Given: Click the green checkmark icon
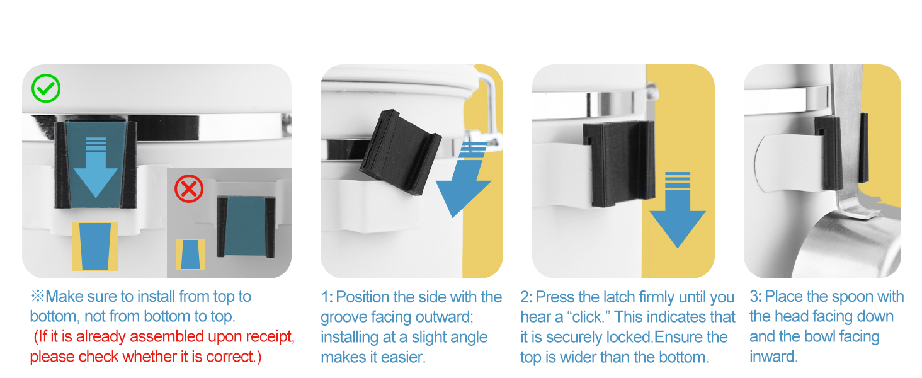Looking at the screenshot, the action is pyautogui.click(x=46, y=88).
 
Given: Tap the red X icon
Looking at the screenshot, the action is pyautogui.click(x=189, y=188).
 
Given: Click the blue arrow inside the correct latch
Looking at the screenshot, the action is pyautogui.click(x=96, y=167).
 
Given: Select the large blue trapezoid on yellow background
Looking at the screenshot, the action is pyautogui.click(x=96, y=247).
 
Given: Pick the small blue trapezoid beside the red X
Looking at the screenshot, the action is pyautogui.click(x=190, y=255).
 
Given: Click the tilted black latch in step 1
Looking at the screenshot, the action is pyautogui.click(x=400, y=152).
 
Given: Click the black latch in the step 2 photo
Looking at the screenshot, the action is pyautogui.click(x=619, y=163).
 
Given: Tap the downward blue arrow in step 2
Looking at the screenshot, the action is pyautogui.click(x=678, y=210).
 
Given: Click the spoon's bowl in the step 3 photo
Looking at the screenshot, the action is pyautogui.click(x=848, y=246).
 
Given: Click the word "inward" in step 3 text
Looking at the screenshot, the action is pyautogui.click(x=772, y=357).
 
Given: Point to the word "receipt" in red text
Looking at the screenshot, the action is pyautogui.click(x=268, y=337).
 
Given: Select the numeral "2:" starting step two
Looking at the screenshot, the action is pyautogui.click(x=526, y=297).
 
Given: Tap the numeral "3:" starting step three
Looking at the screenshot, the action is pyautogui.click(x=756, y=297).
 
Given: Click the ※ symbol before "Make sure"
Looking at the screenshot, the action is pyautogui.click(x=37, y=295).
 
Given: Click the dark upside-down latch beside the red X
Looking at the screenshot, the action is pyautogui.click(x=246, y=226).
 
